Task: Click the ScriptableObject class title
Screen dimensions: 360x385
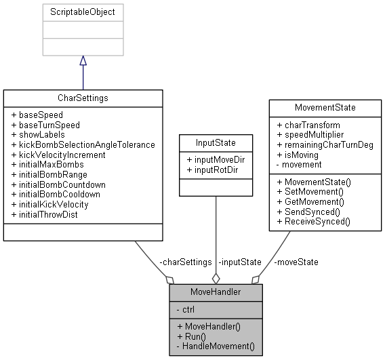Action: click(83, 12)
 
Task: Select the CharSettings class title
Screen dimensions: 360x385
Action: click(83, 98)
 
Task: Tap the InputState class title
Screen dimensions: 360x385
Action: click(216, 143)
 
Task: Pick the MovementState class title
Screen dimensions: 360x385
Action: click(325, 107)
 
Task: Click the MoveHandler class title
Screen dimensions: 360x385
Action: click(215, 293)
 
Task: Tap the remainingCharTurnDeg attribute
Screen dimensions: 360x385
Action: click(329, 144)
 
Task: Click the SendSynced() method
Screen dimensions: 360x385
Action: click(313, 212)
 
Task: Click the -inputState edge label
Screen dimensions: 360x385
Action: click(239, 262)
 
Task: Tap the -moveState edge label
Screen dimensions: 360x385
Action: click(296, 262)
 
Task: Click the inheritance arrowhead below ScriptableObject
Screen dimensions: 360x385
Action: click(83, 61)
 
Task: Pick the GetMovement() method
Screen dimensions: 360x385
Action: click(315, 202)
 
